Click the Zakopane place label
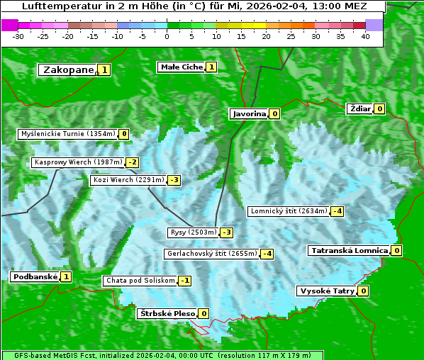pos(68,69)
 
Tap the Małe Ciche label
pos(181,67)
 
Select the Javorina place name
pos(249,113)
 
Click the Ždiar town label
pos(359,108)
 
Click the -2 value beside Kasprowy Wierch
pos(133,162)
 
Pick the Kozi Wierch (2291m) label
pos(128,180)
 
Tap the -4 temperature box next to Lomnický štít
pos(337,211)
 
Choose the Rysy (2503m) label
pos(192,232)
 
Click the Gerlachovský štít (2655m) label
pos(211,254)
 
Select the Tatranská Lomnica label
pos(348,250)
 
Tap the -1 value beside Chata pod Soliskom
pos(184,281)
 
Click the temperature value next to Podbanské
pos(66,276)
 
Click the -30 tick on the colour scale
pos(18,36)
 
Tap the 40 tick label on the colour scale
pos(365,36)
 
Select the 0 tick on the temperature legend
pos(167,36)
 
